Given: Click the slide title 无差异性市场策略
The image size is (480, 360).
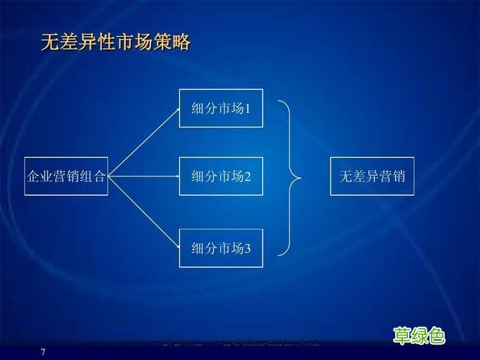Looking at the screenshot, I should point(115,42).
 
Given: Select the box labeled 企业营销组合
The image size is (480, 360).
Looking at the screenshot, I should point(66,176).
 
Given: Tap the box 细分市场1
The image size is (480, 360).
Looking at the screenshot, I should point(221,109).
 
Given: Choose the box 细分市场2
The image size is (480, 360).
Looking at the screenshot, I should point(221,176).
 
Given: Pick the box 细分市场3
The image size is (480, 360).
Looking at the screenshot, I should point(221,249).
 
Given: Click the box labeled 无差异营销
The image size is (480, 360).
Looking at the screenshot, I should point(373,176).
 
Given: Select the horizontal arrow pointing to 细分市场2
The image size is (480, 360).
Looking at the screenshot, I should point(144,176).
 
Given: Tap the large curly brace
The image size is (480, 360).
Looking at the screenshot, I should point(291,176).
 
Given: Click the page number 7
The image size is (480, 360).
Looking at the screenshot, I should point(42,351).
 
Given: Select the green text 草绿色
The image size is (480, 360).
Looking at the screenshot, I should point(419,336).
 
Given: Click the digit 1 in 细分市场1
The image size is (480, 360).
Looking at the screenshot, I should point(248,109).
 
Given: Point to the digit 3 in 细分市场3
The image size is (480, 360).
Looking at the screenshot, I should point(248,250).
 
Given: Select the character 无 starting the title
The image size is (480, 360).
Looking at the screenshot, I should point(49,42).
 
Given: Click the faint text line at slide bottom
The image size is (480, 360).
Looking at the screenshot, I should point(237,343).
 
